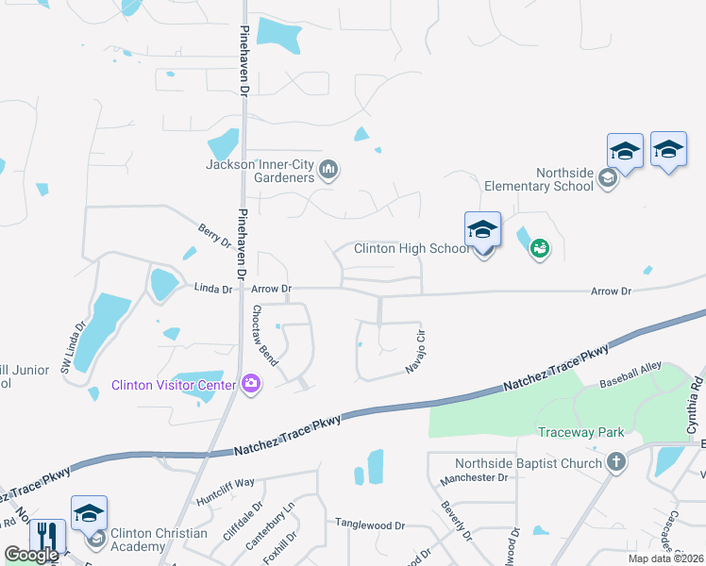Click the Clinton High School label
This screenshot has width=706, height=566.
[412, 249]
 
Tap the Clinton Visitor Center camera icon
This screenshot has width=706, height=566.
[251, 383]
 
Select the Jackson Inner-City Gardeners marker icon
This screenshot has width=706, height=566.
[329, 170]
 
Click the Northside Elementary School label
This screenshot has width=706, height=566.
[538, 179]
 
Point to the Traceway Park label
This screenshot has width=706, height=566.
[581, 433]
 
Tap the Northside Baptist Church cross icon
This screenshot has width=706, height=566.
[616, 462]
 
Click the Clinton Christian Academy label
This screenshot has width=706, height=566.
[159, 540]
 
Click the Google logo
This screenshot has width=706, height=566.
[31, 555]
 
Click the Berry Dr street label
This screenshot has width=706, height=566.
[214, 235]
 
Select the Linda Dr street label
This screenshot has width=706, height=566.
[213, 289]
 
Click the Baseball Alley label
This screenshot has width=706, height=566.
[631, 385]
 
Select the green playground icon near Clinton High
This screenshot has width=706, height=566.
[539, 249]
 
